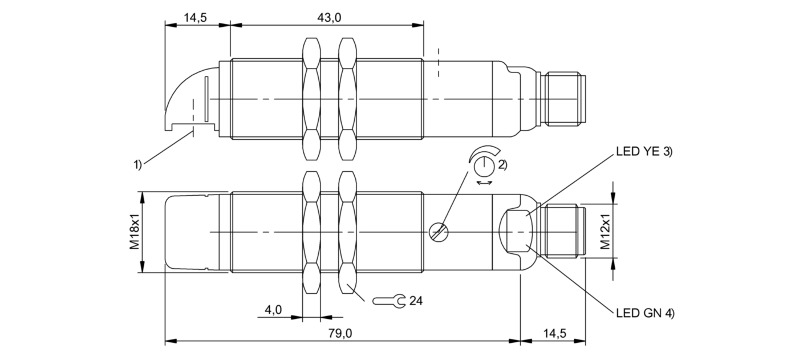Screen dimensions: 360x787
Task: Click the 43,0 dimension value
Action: (329, 18)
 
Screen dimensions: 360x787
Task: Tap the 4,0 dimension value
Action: (273, 310)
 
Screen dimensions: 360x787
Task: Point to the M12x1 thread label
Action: (605, 232)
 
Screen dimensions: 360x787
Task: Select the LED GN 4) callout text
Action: (645, 313)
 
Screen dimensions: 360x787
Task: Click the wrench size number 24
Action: (416, 300)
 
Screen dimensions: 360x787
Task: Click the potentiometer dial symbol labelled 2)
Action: (483, 164)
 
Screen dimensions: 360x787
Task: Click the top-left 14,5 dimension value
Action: (195, 18)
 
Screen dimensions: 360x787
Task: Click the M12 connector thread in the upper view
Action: (565, 99)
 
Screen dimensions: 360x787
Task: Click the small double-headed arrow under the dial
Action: (485, 183)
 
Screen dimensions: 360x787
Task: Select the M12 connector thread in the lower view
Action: (565, 232)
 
